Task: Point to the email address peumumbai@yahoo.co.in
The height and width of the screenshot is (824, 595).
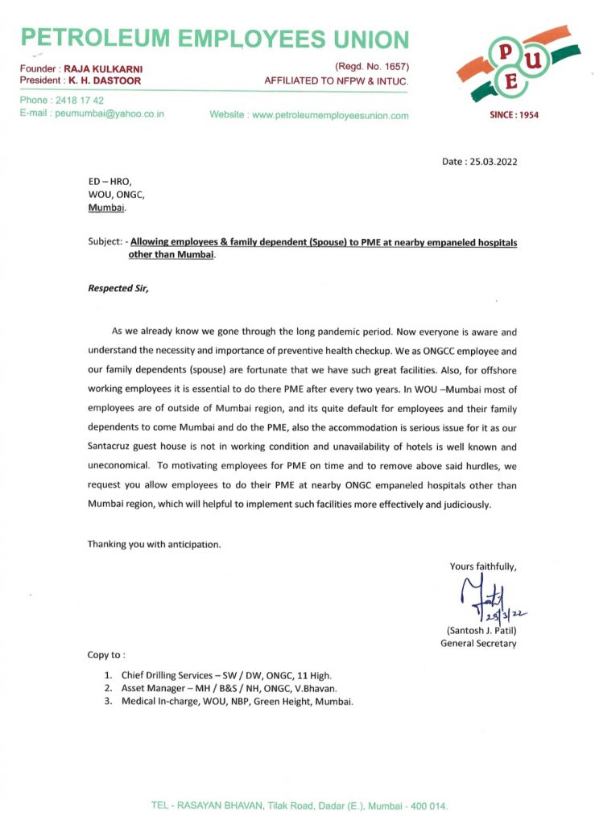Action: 109,113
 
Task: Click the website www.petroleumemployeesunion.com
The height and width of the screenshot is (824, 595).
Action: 330,115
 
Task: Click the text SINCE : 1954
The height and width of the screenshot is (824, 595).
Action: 514,115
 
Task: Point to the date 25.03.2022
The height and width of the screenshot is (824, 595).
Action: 490,161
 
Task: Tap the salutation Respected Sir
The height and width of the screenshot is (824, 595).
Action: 118,287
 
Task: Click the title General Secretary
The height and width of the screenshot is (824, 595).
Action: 478,643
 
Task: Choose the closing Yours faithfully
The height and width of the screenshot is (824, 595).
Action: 483,566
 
